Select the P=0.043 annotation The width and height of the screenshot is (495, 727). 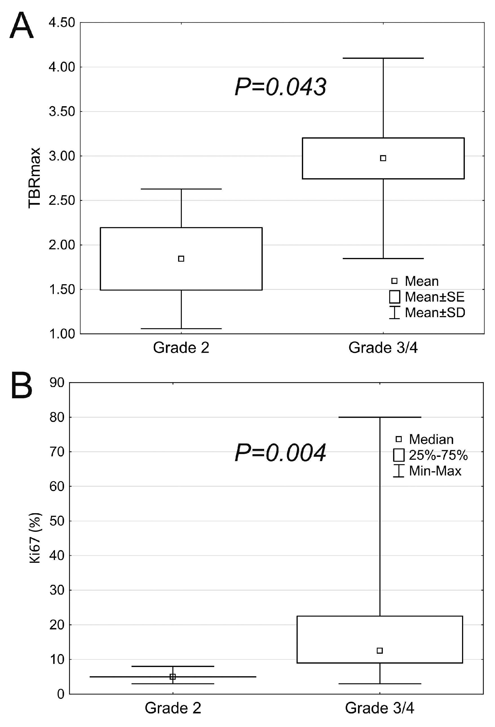[280, 87]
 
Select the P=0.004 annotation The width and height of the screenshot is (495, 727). [280, 453]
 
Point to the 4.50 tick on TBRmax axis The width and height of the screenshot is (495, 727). [62, 23]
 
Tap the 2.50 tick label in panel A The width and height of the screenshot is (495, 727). [62, 201]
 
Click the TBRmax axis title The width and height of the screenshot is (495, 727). [34, 178]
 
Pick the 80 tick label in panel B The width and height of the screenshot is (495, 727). [57, 417]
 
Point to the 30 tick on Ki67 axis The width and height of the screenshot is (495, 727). [57, 590]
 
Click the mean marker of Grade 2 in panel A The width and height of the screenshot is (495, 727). [181, 259]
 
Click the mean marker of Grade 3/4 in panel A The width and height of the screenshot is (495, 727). [383, 158]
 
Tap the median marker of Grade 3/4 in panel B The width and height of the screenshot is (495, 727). [379, 651]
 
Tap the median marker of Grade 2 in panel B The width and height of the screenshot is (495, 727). [173, 677]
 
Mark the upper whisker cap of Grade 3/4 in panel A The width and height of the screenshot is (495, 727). [383, 58]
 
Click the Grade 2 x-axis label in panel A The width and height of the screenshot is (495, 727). [181, 348]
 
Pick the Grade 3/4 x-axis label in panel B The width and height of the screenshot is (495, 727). [379, 708]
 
